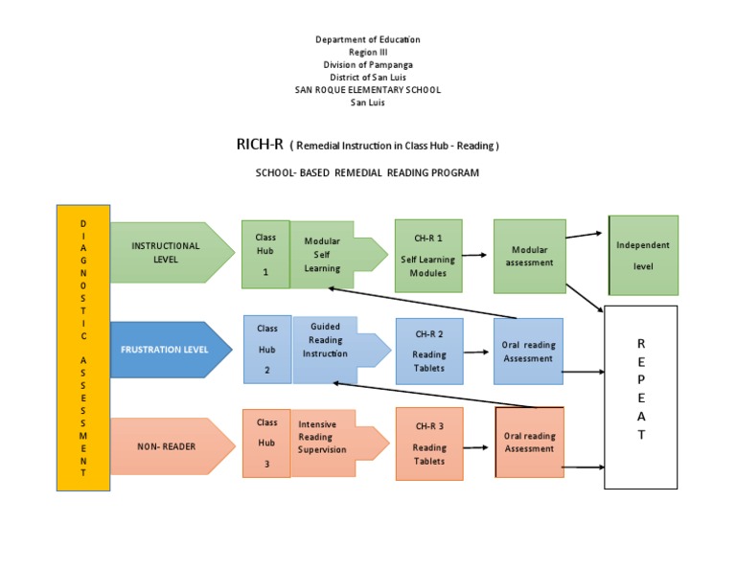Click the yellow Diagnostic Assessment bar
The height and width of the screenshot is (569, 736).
click(x=83, y=347)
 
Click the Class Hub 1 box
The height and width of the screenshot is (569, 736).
click(x=265, y=254)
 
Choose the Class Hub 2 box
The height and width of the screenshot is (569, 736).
click(x=266, y=350)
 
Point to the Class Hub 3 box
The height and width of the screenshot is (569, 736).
click(x=266, y=444)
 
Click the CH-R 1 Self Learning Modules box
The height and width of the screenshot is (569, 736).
click(x=428, y=256)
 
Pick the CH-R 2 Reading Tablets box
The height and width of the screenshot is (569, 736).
click(x=429, y=351)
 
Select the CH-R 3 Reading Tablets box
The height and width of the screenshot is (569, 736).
click(x=429, y=444)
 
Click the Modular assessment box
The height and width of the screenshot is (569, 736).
click(x=529, y=256)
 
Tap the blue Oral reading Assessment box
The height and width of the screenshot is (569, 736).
click(x=529, y=352)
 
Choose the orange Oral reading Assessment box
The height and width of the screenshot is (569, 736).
click(x=529, y=442)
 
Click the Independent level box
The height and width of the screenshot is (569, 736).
click(x=643, y=255)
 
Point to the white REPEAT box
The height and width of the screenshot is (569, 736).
click(x=641, y=396)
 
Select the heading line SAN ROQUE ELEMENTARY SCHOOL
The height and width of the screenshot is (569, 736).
click(x=368, y=90)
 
